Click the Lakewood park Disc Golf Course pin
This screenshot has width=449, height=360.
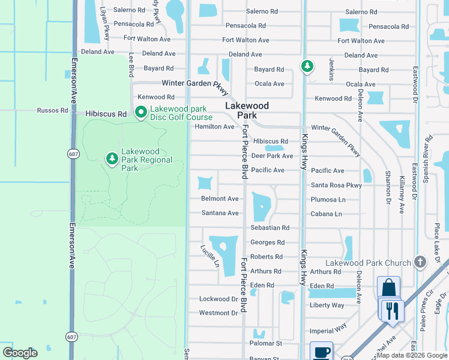(141, 113)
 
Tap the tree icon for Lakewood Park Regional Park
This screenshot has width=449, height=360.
(112, 158)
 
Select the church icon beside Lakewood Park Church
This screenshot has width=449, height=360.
(420, 262)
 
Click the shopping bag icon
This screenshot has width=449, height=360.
(388, 287)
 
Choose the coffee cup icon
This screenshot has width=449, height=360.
(321, 352)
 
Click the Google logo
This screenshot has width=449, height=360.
(20, 353)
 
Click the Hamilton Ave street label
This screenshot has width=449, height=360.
(214, 127)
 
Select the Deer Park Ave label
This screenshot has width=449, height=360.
(272, 156)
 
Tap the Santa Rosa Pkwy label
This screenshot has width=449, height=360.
(336, 185)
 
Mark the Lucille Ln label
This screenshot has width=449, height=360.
(208, 256)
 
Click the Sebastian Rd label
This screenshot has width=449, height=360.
(270, 228)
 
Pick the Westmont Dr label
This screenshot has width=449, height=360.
(218, 313)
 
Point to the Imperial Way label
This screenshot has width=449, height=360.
(328, 330)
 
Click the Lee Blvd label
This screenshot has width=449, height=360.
(130, 64)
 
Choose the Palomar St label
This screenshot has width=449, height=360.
(266, 343)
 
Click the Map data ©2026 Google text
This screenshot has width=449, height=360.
(412, 355)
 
